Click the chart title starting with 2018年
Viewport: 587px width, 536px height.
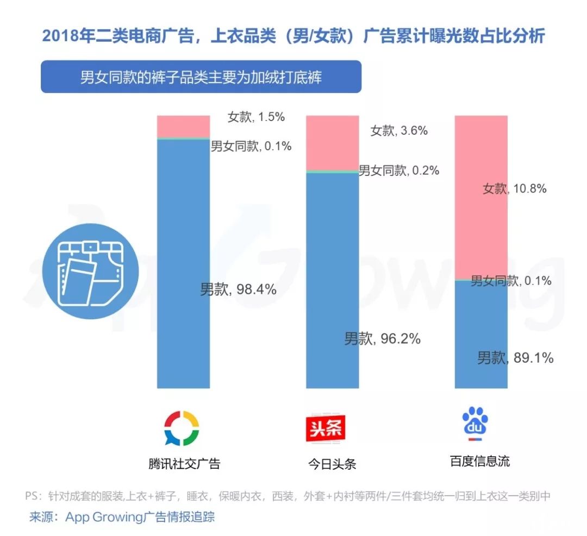pyautogui.click(x=293, y=36)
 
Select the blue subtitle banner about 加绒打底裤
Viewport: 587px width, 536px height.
pyautogui.click(x=201, y=77)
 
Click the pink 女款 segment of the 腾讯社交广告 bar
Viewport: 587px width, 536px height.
pyautogui.click(x=183, y=126)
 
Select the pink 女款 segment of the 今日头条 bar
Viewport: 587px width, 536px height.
pyautogui.click(x=332, y=142)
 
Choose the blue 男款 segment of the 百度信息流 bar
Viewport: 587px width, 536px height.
pyautogui.click(x=481, y=334)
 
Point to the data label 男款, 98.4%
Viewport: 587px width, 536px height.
pyautogui.click(x=238, y=289)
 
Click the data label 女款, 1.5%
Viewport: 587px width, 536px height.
pyautogui.click(x=256, y=117)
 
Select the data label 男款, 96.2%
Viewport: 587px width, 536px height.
pyautogui.click(x=382, y=339)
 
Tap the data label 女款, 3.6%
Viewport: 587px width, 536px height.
pyautogui.click(x=399, y=131)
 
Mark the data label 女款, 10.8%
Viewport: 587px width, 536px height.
pyautogui.click(x=514, y=189)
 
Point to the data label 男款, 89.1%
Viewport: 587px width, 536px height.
pyautogui.click(x=515, y=358)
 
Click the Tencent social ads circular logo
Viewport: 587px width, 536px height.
pyautogui.click(x=182, y=428)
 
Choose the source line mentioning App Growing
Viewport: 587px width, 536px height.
pyautogui.click(x=122, y=516)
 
